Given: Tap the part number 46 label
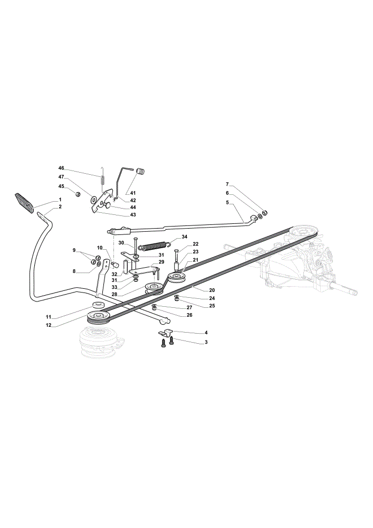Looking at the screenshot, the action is tap(61, 168).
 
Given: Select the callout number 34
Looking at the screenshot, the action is tap(184, 237).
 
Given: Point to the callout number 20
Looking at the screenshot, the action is tap(212, 290).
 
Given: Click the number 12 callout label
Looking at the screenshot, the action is tap(49, 325).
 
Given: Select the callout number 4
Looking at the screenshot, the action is tap(206, 332).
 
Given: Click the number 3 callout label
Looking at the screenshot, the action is tap(206, 342).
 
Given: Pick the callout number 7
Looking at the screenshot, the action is tap(227, 184).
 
